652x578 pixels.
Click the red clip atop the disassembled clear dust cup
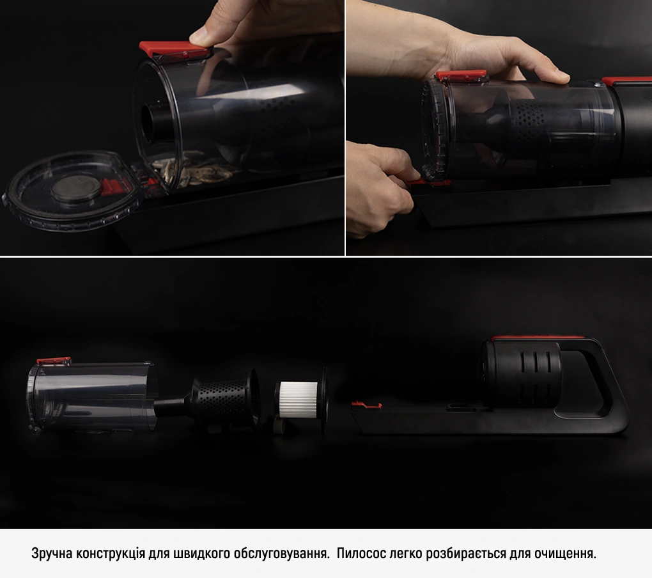pyautogui.click(x=54, y=361)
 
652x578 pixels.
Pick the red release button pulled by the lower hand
pyautogui.click(x=428, y=182)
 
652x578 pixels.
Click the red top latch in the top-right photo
pyautogui.click(x=461, y=75)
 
